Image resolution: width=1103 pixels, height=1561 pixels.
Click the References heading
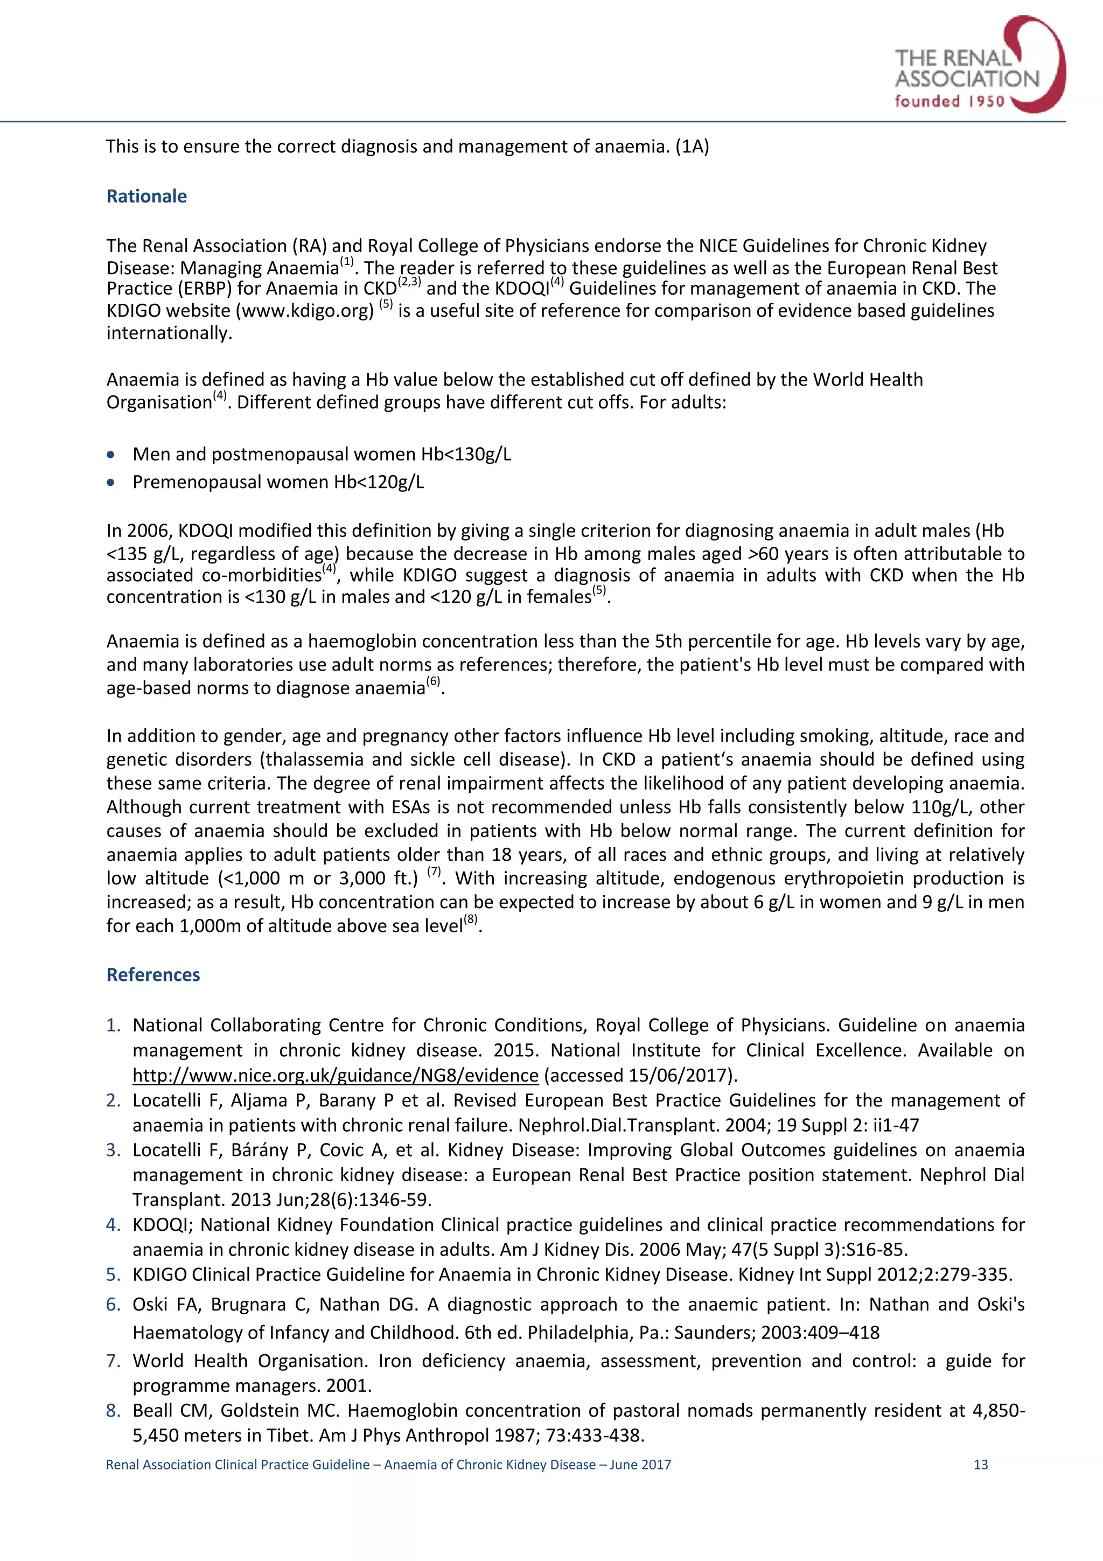(153, 974)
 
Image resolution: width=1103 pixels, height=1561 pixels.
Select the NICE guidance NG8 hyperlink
(335, 1075)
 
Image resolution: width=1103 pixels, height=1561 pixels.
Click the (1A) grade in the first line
(692, 147)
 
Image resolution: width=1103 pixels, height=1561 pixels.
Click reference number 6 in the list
(114, 1304)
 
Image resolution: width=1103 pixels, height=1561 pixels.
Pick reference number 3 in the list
(114, 1151)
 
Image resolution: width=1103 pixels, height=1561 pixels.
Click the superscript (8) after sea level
(470, 921)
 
